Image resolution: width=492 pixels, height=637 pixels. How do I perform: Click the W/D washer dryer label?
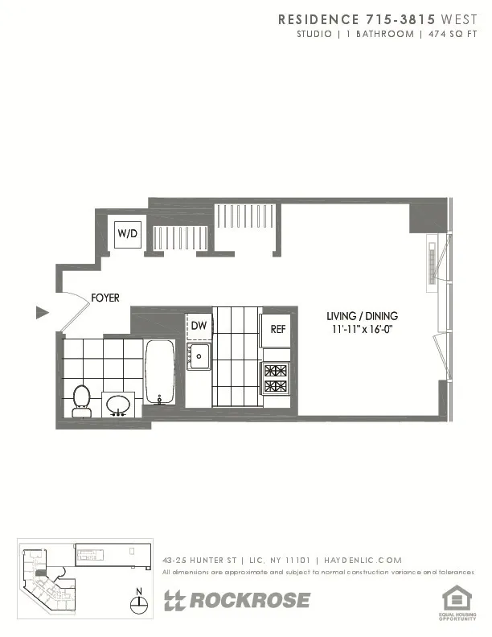click(127, 233)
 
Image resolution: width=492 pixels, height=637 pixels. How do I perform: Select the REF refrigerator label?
click(278, 329)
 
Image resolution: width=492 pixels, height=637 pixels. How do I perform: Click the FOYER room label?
click(105, 298)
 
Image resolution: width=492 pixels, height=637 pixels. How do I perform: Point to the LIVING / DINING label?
click(362, 316)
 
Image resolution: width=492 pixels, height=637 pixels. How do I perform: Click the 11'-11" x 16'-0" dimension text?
click(362, 328)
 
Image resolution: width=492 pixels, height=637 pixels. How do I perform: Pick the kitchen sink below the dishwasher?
click(199, 355)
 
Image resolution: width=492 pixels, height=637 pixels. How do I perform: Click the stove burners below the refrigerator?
click(276, 378)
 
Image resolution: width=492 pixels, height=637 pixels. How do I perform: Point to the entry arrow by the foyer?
click(43, 312)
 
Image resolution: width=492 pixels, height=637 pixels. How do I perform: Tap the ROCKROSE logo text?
click(237, 600)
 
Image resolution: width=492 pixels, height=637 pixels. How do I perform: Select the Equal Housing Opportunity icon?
click(457, 599)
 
